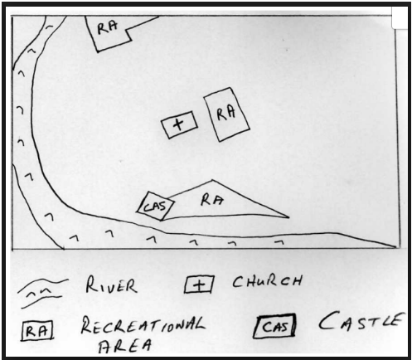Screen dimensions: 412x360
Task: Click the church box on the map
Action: [180, 124]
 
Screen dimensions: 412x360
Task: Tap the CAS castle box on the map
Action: [156, 207]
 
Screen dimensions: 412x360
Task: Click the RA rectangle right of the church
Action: [226, 114]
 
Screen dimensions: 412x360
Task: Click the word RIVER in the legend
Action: [111, 285]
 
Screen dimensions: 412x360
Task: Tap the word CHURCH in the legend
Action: [267, 281]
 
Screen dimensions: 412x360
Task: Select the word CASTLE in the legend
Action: [360, 321]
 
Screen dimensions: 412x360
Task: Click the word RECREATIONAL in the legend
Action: [143, 325]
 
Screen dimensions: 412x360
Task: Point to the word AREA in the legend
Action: [125, 345]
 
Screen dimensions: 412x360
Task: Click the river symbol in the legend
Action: [42, 293]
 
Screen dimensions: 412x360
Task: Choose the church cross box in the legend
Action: [199, 285]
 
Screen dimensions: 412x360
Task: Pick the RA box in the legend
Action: [37, 330]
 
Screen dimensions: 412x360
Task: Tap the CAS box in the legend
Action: [274, 326]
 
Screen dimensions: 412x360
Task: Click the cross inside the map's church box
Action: [179, 124]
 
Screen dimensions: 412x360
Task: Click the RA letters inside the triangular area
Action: [211, 200]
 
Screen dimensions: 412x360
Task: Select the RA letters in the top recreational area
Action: [107, 27]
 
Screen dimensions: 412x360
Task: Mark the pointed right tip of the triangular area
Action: [289, 217]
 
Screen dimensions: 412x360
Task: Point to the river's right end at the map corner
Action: [395, 246]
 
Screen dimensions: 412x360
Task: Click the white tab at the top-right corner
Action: [400, 17]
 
